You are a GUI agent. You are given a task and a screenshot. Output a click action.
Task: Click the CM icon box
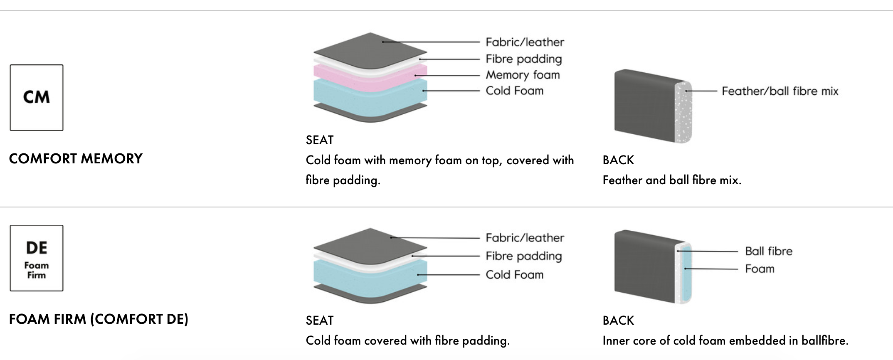(37, 98)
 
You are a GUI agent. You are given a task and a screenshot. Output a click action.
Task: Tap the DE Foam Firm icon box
(37, 258)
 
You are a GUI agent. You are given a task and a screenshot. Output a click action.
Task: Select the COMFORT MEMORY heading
(76, 159)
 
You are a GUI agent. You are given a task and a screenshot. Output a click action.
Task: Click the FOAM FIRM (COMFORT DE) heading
(99, 319)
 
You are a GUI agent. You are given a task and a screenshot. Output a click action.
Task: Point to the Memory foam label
(523, 75)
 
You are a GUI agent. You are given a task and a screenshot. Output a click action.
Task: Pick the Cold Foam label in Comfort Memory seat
(515, 91)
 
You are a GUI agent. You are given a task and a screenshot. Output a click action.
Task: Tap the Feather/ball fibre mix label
(780, 91)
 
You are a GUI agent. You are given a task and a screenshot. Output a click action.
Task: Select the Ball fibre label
(769, 251)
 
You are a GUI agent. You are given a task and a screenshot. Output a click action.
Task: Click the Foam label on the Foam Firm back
(760, 269)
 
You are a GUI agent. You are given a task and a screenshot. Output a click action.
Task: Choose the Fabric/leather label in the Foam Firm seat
(525, 238)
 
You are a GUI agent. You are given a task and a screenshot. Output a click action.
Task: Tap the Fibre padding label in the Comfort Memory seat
(524, 59)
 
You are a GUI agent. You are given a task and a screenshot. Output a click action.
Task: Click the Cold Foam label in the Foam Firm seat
(515, 275)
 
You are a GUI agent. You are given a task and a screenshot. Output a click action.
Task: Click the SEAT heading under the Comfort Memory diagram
(320, 140)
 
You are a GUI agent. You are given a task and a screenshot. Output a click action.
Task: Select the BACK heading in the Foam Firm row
(618, 321)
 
